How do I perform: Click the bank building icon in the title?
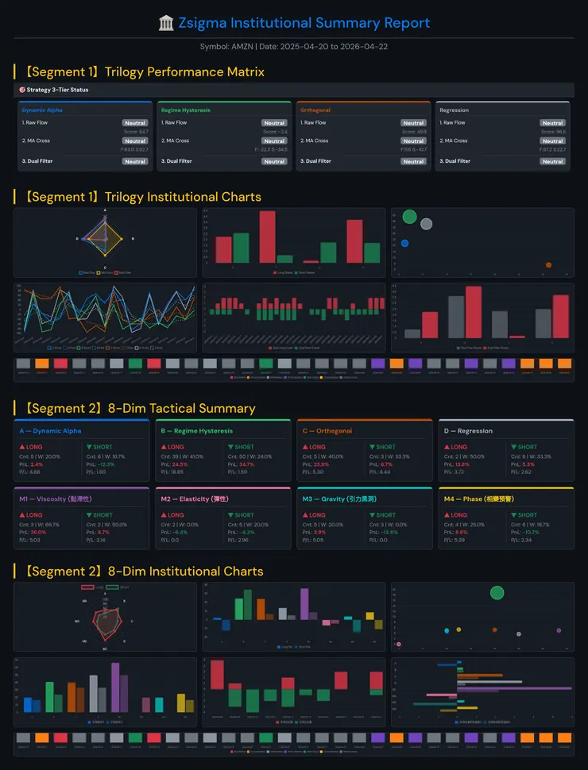pos(166,23)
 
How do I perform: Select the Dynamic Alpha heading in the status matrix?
pos(42,110)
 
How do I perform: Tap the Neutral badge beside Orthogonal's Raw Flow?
pos(413,123)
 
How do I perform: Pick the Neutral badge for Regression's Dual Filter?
pos(552,161)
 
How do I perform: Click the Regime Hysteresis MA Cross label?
pos(176,141)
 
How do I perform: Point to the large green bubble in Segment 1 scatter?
pos(409,216)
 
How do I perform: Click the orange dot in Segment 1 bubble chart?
pos(549,264)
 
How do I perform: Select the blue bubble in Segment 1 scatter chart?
pos(404,243)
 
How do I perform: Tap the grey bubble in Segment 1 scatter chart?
pos(427,224)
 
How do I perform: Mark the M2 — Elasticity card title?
pos(195,499)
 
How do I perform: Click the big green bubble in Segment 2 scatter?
pos(497,592)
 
